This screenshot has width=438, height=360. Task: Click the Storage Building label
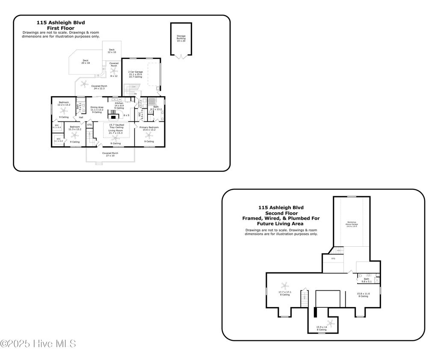point(181,38)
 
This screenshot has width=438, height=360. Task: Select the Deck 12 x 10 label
point(112,51)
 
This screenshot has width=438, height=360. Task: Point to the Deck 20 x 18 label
point(86,62)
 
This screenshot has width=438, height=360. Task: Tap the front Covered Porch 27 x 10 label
point(110,154)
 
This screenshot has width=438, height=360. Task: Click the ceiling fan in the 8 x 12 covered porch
point(114,71)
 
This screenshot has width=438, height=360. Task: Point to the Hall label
point(81,117)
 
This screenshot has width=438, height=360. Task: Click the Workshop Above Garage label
point(352,223)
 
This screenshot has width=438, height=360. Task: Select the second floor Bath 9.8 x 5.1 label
point(367,280)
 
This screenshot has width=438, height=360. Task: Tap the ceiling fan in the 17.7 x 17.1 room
point(284,286)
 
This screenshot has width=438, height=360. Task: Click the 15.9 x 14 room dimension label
point(322,328)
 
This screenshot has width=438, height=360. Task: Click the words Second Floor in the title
point(281,213)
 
